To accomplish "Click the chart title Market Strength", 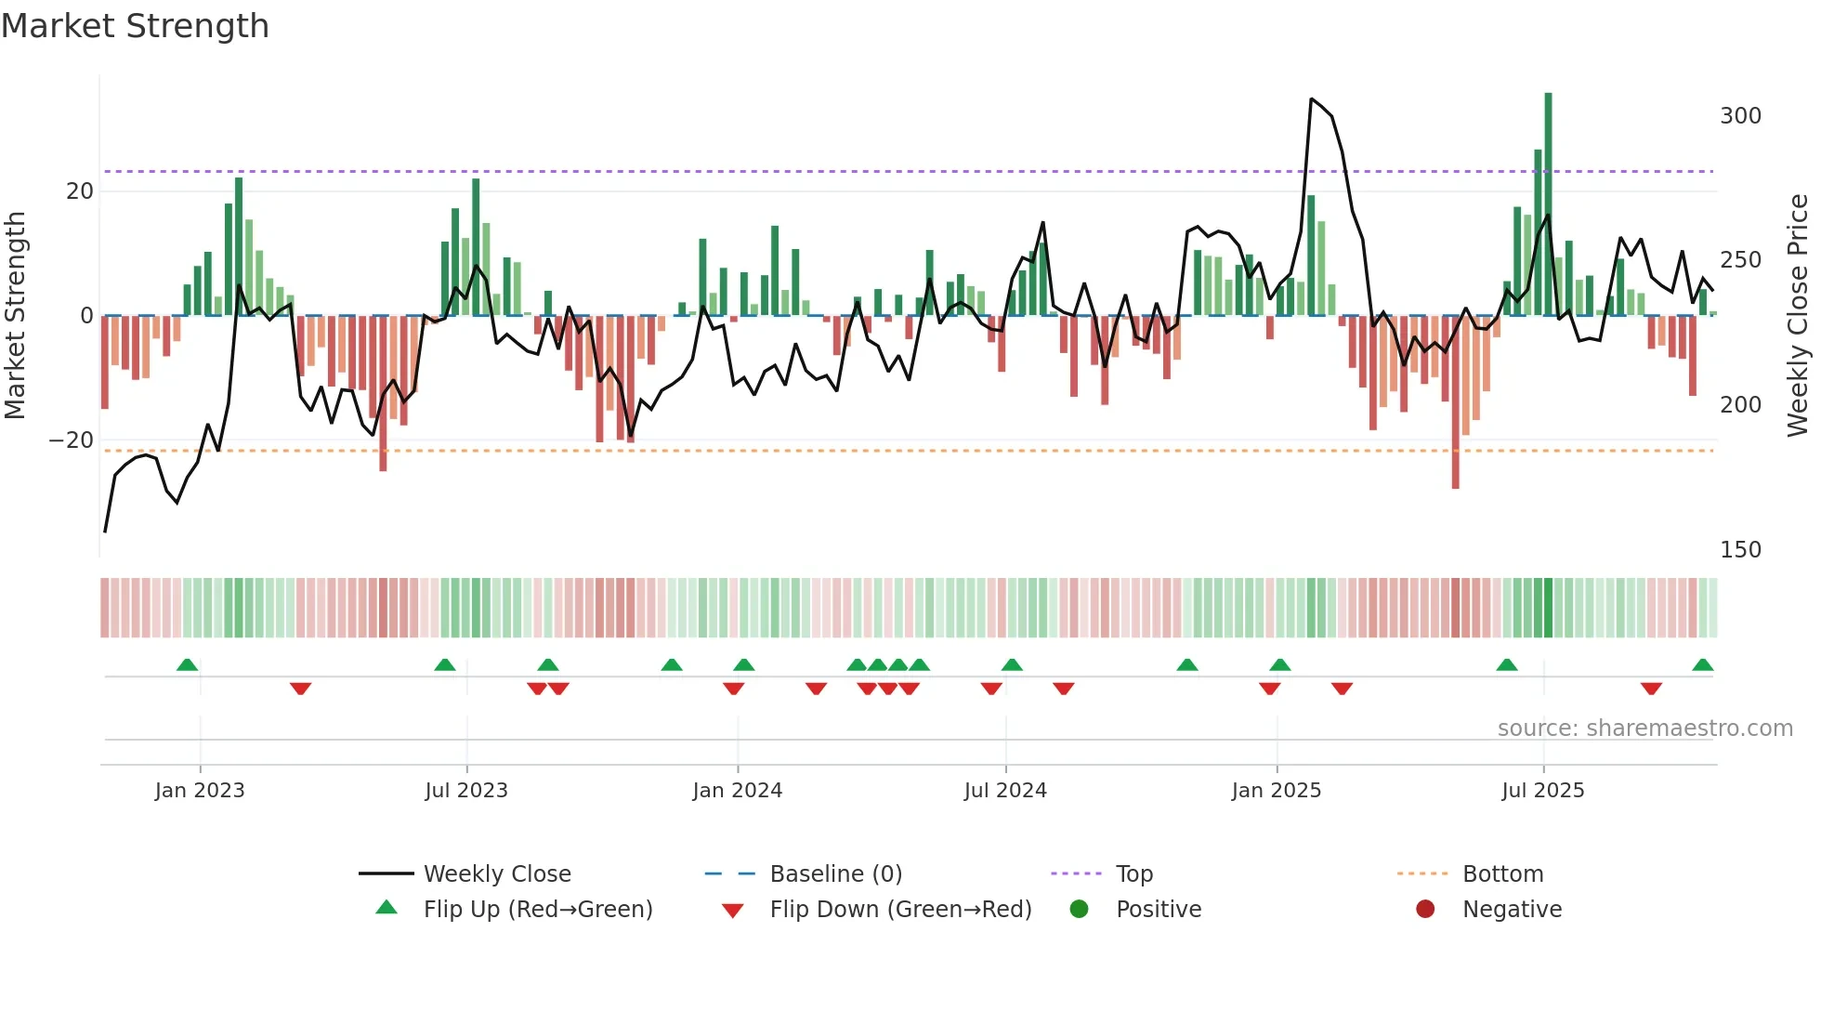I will [x=135, y=26].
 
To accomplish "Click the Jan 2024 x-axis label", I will [x=737, y=791].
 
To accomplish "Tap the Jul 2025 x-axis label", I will [x=1542, y=791].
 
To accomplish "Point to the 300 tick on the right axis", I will [x=1740, y=116].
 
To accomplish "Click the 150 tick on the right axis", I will [x=1740, y=550].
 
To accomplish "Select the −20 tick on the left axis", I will [x=72, y=440].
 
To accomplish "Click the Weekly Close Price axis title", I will [x=1798, y=316].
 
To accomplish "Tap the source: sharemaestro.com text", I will [x=1644, y=729].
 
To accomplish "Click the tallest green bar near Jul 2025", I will [x=1548, y=204].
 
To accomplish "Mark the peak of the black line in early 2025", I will [x=1311, y=98].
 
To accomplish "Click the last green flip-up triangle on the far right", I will [x=1702, y=665].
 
